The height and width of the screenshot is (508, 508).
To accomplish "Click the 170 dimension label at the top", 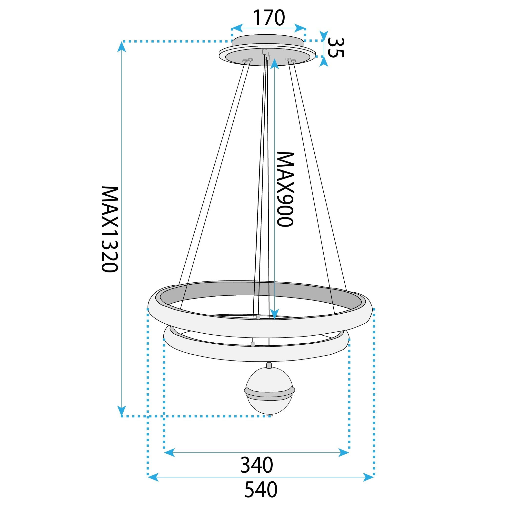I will click(269, 18).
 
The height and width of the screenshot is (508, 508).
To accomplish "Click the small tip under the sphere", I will click(269, 415).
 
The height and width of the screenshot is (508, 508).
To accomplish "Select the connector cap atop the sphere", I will click(269, 365).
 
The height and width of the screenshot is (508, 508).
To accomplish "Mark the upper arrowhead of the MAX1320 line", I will click(121, 47).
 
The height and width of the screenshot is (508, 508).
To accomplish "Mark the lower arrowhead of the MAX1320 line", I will click(121, 410).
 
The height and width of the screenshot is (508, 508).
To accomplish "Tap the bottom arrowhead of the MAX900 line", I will click(274, 314).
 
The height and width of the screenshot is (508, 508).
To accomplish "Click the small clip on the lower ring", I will click(253, 344).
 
